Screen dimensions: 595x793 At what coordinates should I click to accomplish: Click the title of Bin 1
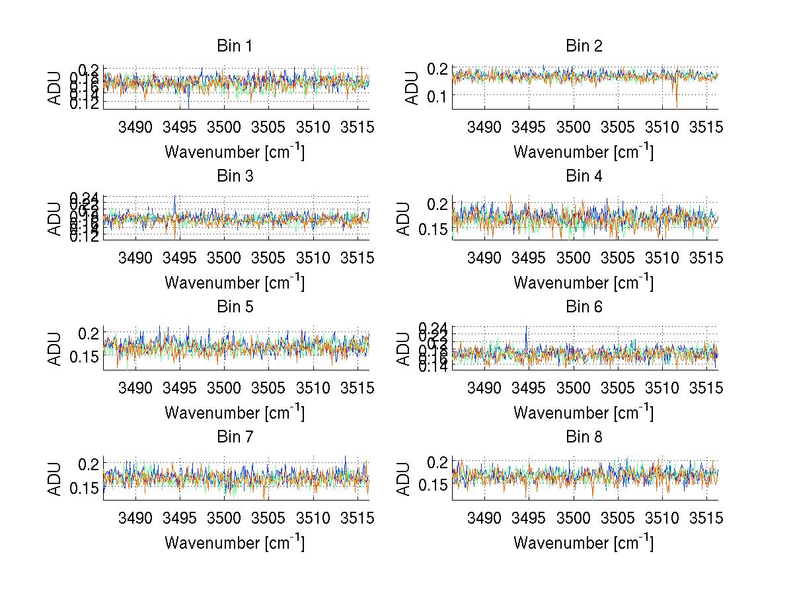pos(235,46)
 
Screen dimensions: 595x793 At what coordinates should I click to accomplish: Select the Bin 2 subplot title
pos(584,46)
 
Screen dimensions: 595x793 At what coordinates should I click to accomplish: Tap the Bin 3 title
pos(235,176)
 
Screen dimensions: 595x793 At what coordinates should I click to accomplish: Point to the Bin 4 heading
pos(584,176)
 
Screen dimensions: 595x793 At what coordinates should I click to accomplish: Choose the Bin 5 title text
pos(235,307)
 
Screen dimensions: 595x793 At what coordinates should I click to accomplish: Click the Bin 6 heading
pos(584,307)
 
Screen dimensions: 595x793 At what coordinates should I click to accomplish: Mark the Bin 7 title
pos(235,437)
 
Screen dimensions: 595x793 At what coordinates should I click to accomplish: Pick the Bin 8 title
pos(584,437)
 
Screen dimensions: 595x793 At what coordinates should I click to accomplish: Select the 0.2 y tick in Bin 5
pos(85,333)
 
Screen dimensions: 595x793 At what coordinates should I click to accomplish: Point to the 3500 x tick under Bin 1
pos(224,127)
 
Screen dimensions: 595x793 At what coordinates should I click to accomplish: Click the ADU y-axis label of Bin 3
pos(56,218)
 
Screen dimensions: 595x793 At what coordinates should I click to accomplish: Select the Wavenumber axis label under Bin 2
pos(584,152)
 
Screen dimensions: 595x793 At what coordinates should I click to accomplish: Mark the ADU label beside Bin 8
pos(404,478)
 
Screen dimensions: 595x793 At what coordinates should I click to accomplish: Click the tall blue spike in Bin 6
pos(526,330)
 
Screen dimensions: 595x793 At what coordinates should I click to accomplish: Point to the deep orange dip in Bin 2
pos(677,104)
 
